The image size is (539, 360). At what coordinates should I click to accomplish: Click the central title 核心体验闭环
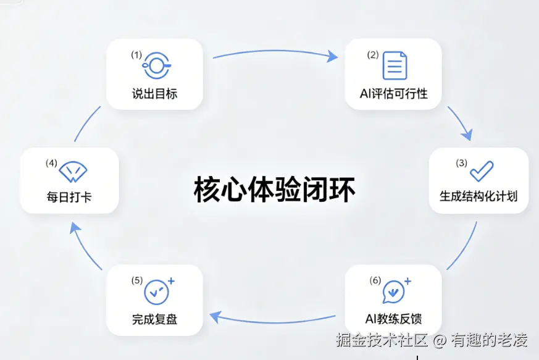pyautogui.click(x=274, y=190)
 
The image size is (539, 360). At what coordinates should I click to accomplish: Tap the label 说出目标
pyautogui.click(x=155, y=93)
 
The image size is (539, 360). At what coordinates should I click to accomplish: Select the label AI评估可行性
pyautogui.click(x=393, y=93)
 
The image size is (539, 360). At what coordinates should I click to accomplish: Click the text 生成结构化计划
pyautogui.click(x=478, y=196)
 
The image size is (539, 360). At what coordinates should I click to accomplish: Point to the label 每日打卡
pyautogui.click(x=69, y=198)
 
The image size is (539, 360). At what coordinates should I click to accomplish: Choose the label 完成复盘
pyautogui.click(x=155, y=319)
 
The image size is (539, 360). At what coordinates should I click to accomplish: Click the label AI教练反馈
pyautogui.click(x=393, y=319)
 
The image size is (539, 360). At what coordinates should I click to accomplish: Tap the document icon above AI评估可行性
pyautogui.click(x=395, y=65)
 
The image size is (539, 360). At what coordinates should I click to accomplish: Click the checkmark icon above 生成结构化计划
pyautogui.click(x=482, y=171)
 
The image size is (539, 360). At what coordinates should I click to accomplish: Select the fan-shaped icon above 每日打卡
pyautogui.click(x=73, y=172)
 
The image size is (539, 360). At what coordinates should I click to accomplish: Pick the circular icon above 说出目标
pyautogui.click(x=157, y=65)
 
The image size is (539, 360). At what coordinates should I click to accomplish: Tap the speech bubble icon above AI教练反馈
pyautogui.click(x=395, y=291)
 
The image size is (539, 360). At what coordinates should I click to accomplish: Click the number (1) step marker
pyautogui.click(x=136, y=55)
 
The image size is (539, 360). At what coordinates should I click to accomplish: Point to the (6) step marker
pyautogui.click(x=375, y=280)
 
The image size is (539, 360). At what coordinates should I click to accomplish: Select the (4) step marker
pyautogui.click(x=52, y=163)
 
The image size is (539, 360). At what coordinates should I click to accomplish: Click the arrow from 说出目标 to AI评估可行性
pyautogui.click(x=275, y=51)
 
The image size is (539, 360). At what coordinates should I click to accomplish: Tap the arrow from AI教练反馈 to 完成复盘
pyautogui.click(x=274, y=322)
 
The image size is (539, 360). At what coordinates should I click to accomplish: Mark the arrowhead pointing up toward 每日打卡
pyautogui.click(x=75, y=228)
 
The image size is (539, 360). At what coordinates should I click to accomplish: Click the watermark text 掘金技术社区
pyautogui.click(x=382, y=340)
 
